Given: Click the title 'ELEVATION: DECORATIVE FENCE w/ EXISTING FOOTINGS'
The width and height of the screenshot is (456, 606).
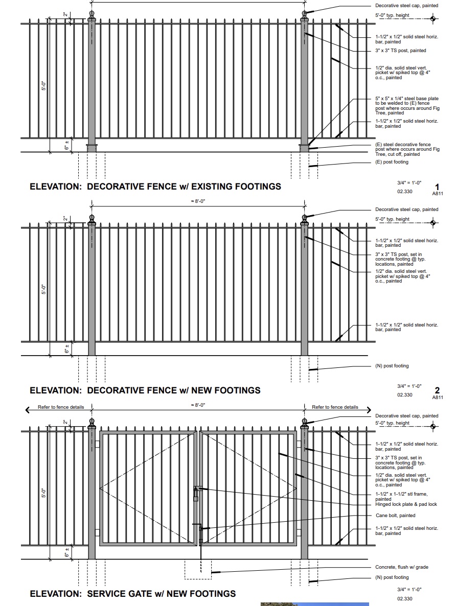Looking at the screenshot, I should [x=155, y=187].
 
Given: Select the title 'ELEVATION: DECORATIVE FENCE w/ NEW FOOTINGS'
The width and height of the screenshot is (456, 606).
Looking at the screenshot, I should [x=145, y=390].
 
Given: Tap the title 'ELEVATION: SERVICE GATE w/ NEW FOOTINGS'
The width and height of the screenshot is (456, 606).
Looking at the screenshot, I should [x=133, y=594].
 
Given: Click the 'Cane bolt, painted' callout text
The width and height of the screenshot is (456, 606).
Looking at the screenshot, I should [x=395, y=516].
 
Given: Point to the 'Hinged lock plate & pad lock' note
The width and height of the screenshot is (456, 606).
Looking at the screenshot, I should [x=406, y=504].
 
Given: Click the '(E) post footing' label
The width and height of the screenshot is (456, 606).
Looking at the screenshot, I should [x=392, y=162].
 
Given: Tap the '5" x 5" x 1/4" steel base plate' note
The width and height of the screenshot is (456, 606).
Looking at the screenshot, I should [x=406, y=104].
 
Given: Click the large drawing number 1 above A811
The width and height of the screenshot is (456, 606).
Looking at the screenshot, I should [x=437, y=187].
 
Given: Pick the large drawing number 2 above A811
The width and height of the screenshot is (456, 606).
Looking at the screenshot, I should [x=437, y=391].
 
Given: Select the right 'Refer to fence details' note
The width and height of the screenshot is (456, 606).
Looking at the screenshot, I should [x=335, y=407].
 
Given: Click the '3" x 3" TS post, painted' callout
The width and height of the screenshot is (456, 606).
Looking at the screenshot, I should [x=400, y=51].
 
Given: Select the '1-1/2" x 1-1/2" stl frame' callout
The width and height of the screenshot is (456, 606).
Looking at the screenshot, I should [x=401, y=496].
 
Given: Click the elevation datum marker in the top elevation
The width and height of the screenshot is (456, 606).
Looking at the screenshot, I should [x=433, y=19].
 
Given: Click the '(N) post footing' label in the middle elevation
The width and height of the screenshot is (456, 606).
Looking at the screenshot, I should [x=392, y=366].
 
